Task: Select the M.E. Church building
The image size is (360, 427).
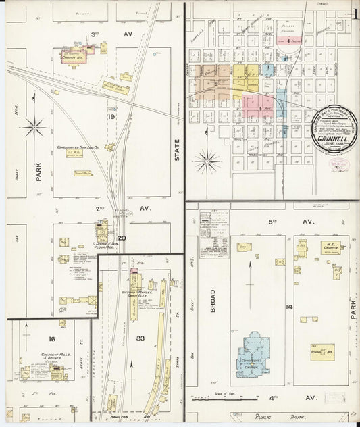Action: tap(330, 248)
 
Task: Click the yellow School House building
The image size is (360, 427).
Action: tap(322, 352)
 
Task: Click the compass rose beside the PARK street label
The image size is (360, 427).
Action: tap(33, 126)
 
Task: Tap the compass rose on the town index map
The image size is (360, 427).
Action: tap(206, 161)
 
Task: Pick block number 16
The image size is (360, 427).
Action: tap(51, 338)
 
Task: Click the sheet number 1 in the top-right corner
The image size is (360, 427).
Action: tap(354, 12)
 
